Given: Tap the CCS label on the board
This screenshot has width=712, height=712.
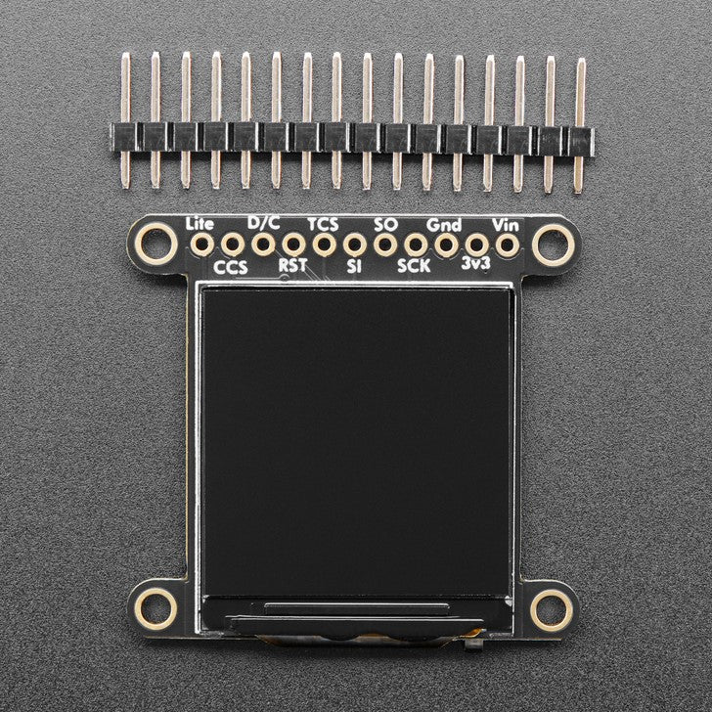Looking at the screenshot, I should click(x=231, y=265).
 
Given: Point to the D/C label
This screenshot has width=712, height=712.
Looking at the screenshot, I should click(x=263, y=223).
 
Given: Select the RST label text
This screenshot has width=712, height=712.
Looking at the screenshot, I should click(x=292, y=264).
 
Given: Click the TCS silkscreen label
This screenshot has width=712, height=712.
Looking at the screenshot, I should click(x=324, y=224).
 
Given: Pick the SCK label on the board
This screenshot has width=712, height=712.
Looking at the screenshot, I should click(x=415, y=265).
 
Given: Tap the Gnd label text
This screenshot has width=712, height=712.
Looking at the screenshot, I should click(x=445, y=224).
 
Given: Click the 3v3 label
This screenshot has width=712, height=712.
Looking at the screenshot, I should click(x=476, y=264).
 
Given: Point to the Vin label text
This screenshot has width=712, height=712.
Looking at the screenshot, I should click(x=507, y=224).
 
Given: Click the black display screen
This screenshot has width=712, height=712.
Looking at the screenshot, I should click(x=355, y=440).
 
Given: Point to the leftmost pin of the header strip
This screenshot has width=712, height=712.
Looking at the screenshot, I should click(x=125, y=122).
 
